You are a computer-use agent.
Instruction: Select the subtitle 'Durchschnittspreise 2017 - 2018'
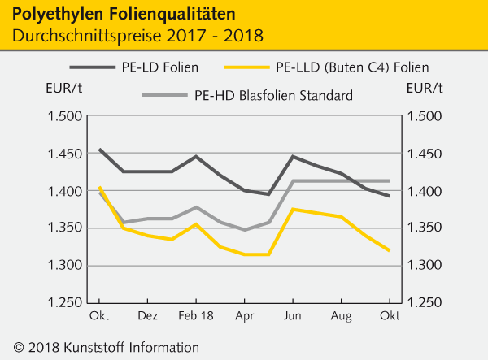(x=137, y=37)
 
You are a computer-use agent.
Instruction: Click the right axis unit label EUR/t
(x=425, y=87)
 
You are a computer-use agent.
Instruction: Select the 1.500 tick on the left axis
(x=67, y=116)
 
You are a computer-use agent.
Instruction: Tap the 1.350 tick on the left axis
(x=67, y=228)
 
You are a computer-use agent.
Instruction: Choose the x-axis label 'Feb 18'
(x=195, y=313)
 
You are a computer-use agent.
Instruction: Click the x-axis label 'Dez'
(x=148, y=313)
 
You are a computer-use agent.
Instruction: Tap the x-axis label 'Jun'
(x=293, y=313)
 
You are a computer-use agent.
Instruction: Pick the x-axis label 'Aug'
(x=341, y=313)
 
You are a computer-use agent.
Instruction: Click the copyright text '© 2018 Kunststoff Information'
(x=101, y=347)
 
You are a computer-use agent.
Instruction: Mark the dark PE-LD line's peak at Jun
(x=293, y=156)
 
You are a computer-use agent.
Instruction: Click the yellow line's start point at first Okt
(x=99, y=188)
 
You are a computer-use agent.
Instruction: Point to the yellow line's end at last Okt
(x=389, y=250)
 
